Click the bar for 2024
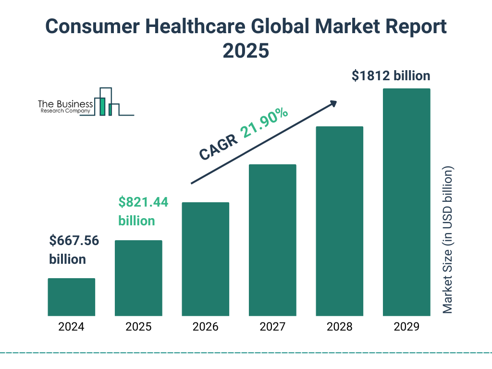[x=71, y=297]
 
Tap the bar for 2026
[x=205, y=259]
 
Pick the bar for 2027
[x=272, y=240]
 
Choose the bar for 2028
[x=339, y=221]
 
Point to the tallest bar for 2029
[x=406, y=202]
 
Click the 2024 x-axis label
[x=71, y=327]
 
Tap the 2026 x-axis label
[x=205, y=327]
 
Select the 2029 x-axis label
[x=406, y=327]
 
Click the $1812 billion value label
[x=391, y=76]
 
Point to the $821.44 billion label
[x=143, y=211]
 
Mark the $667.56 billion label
[x=74, y=250]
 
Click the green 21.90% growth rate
[x=265, y=123]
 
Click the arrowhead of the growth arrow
[x=332, y=103]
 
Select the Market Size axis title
[x=448, y=240]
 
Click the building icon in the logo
[x=109, y=102]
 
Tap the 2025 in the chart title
[x=246, y=50]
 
